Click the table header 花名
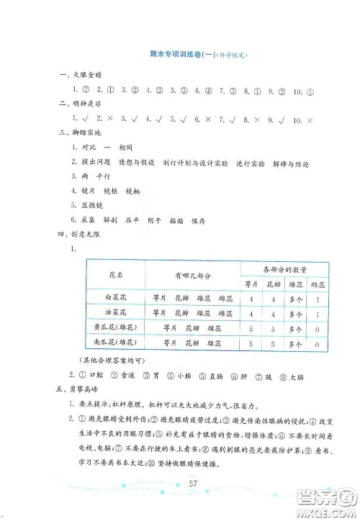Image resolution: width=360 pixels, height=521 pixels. coord(115,275)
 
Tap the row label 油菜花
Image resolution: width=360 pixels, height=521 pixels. coord(115,314)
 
